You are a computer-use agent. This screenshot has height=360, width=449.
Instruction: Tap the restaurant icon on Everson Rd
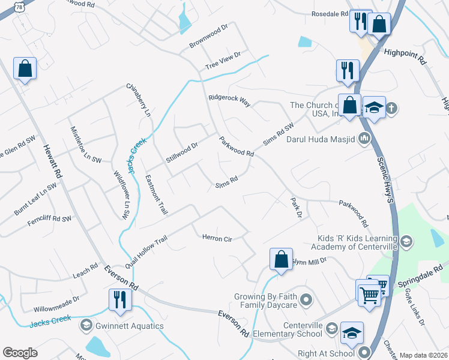click(120, 299)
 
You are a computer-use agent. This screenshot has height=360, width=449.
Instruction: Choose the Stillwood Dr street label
click(182, 153)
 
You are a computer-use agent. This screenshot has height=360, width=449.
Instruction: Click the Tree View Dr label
click(223, 60)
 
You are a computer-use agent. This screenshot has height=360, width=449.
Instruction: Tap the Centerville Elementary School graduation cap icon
click(352, 332)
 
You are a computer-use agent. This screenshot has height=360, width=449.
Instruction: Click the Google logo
click(20, 353)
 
